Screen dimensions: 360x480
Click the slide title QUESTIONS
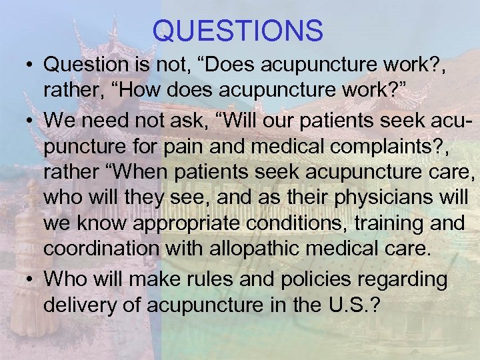(237, 31)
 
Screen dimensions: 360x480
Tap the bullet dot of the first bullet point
(30, 67)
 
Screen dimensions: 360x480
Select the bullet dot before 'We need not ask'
(30, 121)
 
